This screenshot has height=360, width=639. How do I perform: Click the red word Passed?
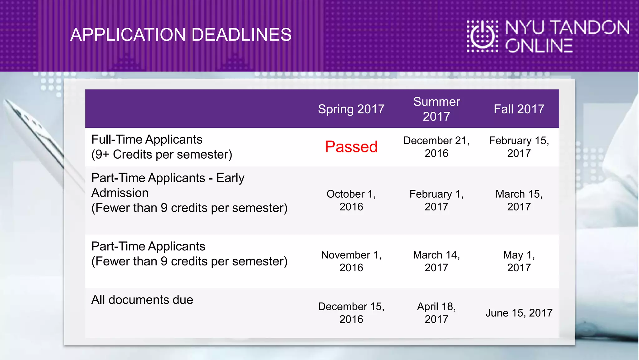point(351,147)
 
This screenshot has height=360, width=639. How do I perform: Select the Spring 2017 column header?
point(351,109)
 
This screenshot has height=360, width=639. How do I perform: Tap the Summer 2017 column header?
point(436,109)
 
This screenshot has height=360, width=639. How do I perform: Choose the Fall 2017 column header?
point(519,109)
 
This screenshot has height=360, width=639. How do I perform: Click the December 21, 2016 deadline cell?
point(436,147)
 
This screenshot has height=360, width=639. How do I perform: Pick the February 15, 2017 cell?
point(519,147)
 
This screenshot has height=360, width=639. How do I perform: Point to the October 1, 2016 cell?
point(351,200)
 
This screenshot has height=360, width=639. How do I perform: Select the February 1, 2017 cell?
point(436,200)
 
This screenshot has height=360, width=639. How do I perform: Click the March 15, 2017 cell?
point(519,200)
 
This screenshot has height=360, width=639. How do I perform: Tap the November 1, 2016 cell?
point(351,261)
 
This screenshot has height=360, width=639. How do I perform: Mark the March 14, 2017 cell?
point(436,261)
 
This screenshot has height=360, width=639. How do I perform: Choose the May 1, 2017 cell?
point(519,261)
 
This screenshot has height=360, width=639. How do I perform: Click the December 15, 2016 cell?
point(351,313)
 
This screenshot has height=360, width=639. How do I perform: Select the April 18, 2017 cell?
point(436,313)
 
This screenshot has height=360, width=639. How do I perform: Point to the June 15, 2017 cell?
point(519,313)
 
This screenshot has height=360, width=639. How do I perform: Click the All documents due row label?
point(142,300)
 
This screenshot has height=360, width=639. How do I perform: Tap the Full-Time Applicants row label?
point(147,140)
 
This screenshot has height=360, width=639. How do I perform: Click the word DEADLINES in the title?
point(241,35)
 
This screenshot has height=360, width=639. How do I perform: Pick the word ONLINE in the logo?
point(539,46)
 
